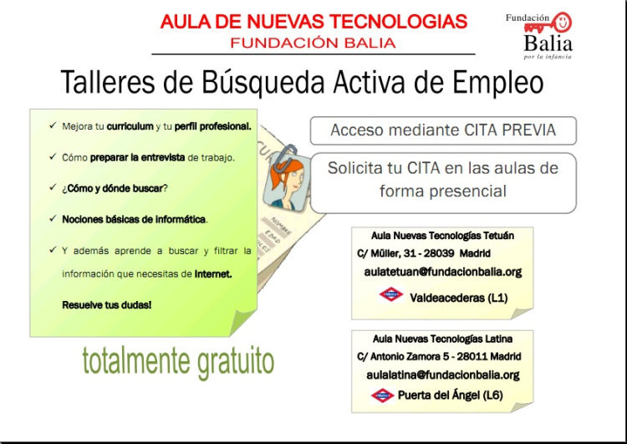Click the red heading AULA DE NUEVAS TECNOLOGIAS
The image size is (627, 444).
click(313, 22)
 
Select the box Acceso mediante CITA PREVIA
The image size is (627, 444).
click(443, 130)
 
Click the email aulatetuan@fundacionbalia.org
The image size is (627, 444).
click(442, 272)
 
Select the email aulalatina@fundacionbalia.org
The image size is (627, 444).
click(442, 375)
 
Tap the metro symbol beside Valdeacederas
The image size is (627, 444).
click(390, 294)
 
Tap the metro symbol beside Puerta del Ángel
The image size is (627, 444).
click(382, 396)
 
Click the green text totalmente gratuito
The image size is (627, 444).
click(178, 361)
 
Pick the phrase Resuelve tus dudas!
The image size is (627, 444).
click(107, 305)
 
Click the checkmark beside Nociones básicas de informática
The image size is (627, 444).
click(53, 218)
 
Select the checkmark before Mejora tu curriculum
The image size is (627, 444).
click(53, 125)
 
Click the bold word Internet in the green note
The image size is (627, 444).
click(212, 274)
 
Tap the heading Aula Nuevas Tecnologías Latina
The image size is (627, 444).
click(442, 339)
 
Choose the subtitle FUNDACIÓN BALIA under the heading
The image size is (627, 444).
click(313, 43)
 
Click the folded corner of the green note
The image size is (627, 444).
click(242, 323)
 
